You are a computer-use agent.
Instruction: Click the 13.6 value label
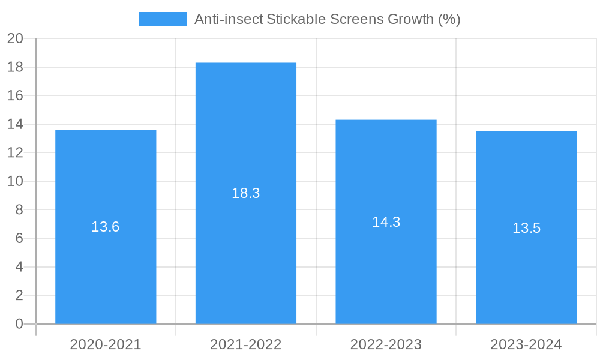(106, 227)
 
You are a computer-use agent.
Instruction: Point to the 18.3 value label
(246, 193)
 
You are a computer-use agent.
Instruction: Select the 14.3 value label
(386, 222)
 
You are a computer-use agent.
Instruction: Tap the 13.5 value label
(526, 228)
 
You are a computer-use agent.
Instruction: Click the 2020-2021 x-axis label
(106, 344)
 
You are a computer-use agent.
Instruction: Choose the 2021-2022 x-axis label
(246, 344)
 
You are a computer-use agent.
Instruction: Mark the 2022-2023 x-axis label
(386, 344)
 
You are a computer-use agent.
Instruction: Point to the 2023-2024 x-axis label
(526, 344)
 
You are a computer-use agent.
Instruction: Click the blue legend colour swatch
(163, 19)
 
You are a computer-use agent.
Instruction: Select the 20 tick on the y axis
(15, 39)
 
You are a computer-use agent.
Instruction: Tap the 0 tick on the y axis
(19, 324)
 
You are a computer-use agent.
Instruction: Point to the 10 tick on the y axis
(15, 181)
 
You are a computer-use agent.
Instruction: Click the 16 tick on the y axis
(15, 96)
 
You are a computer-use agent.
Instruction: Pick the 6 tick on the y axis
(19, 238)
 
